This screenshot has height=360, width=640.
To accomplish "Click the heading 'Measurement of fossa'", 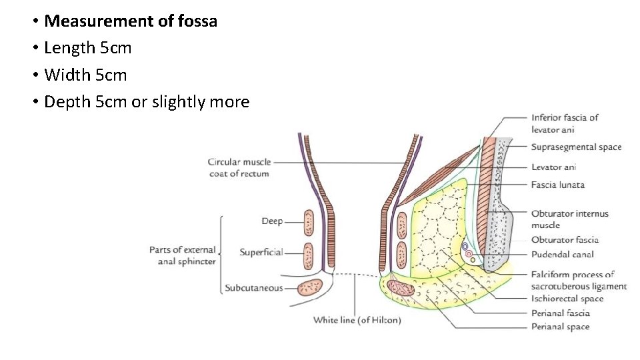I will point(131,21).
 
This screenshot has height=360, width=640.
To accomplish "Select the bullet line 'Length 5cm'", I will point(87,48).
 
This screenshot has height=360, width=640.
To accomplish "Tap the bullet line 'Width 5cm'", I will point(85,75).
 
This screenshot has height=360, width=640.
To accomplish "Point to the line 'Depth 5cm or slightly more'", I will point(146,102).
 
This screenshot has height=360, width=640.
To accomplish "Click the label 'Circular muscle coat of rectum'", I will point(238,167).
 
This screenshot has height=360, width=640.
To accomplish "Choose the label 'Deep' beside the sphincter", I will point(272,221).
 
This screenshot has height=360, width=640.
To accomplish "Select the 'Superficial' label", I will point(261,252).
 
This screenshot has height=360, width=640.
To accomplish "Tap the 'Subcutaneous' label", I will point(253,288).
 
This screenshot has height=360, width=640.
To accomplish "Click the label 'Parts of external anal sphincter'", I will point(183,255).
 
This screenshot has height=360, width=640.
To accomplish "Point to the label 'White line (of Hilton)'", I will point(357,320).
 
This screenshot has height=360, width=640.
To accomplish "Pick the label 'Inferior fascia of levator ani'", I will point(565,123).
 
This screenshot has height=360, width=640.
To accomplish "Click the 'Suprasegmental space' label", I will point(576,147).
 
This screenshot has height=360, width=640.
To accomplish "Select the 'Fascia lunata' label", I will point(557,185).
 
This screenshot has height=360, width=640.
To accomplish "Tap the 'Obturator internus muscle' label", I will point(569,219).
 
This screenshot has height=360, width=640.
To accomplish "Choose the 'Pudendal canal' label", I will point(562,254).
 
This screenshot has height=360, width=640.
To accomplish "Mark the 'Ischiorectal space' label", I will point(567,299).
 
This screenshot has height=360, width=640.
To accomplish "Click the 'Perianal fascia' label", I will point(560,313).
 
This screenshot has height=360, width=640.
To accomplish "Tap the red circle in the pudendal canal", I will point(469,254).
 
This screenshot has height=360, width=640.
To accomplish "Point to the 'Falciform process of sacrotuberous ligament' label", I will point(579,280).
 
